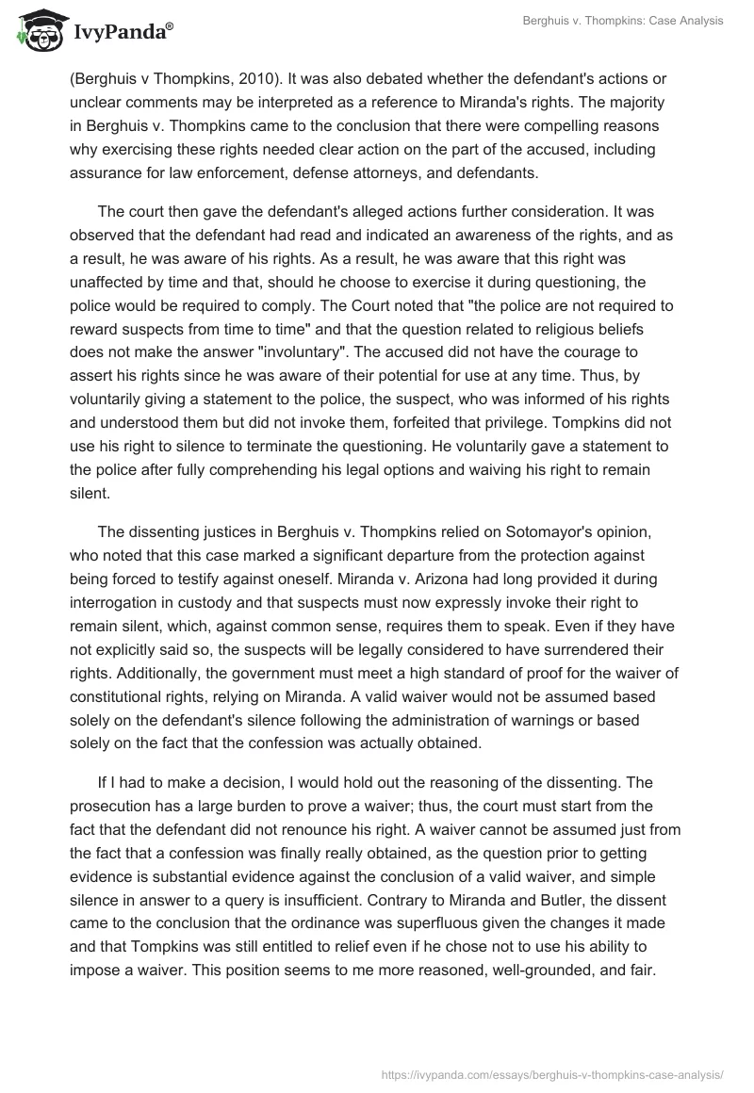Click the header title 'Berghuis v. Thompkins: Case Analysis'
coord(623,21)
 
